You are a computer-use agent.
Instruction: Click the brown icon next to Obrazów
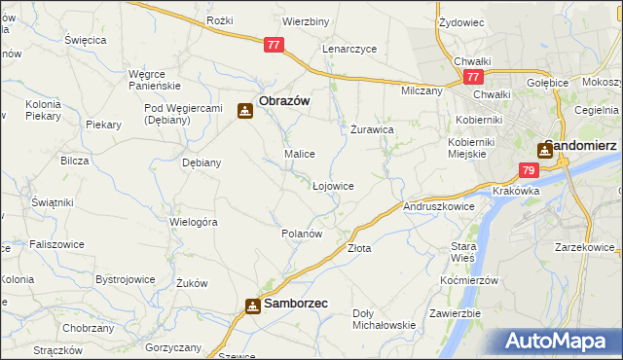pos(244,111)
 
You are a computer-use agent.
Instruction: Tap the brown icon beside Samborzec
pos(252,306)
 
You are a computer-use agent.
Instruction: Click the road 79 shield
pos(527,170)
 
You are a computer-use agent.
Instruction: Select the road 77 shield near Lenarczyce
pos(274,44)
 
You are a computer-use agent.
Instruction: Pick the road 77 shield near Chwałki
pos(473,77)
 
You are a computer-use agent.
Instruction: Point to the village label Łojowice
pos(332,185)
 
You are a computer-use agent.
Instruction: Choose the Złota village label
pos(359,248)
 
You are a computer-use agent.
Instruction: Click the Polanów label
pos(301,234)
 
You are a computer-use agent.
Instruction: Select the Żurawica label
pos(372,128)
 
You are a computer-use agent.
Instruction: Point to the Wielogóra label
pos(193,222)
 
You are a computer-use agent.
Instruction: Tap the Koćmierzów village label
pos(468,280)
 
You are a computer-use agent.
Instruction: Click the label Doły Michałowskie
pos(384,319)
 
